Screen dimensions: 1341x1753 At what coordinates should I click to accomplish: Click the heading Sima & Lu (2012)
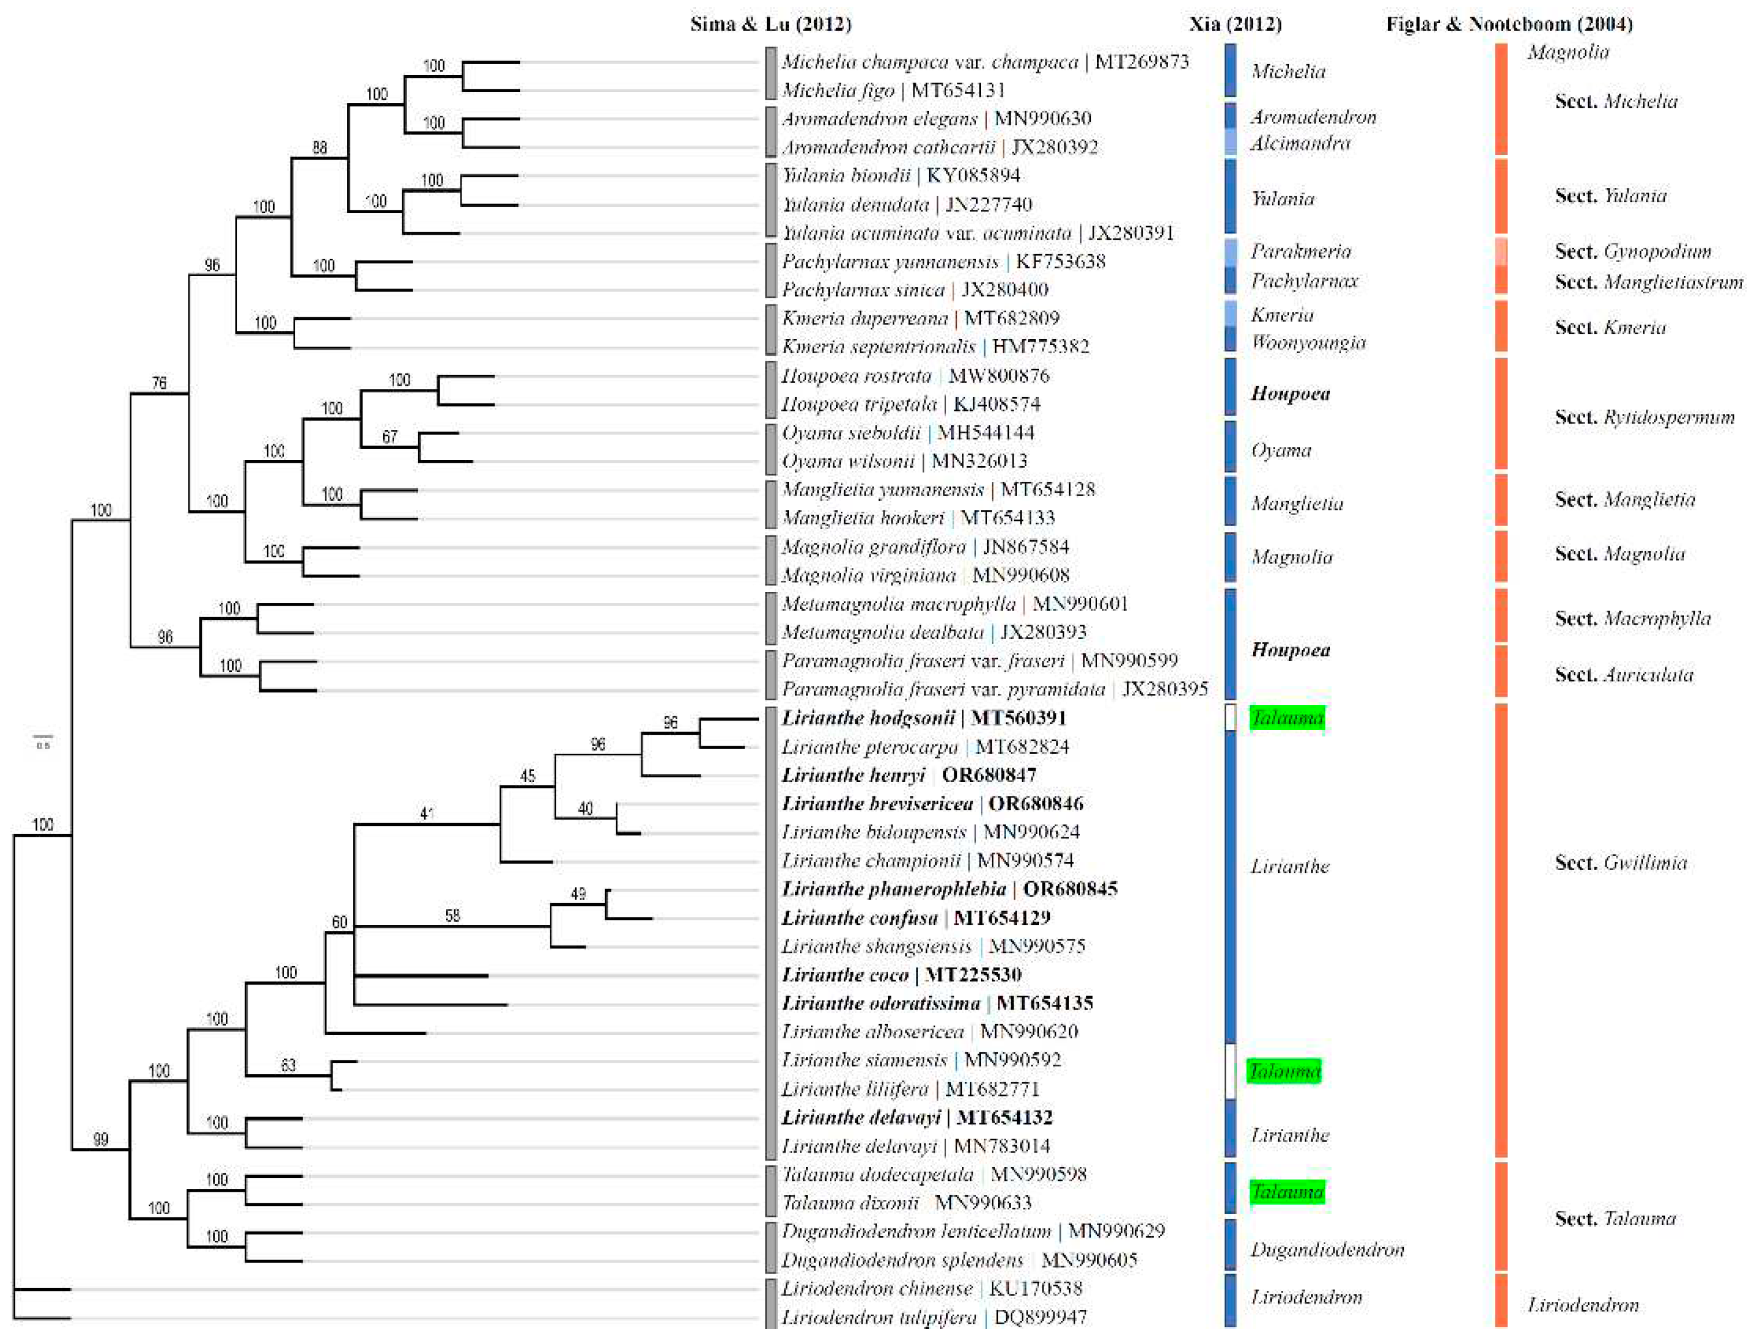pyautogui.click(x=770, y=24)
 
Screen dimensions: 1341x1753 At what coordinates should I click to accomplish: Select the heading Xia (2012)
pyautogui.click(x=1235, y=24)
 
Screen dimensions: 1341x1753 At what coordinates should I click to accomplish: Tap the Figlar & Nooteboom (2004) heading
pyautogui.click(x=1509, y=24)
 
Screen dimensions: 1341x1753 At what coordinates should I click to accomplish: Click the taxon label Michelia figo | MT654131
pyautogui.click(x=893, y=90)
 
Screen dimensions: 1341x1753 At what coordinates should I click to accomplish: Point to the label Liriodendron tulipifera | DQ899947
pyautogui.click(x=933, y=1317)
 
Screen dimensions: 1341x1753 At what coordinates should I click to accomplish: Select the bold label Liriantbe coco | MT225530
pyautogui.click(x=901, y=974)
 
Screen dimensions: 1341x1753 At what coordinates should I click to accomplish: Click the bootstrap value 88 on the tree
pyautogui.click(x=319, y=148)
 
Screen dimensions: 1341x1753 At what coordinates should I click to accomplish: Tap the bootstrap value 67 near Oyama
pyautogui.click(x=390, y=437)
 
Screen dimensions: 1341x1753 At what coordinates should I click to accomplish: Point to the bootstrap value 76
pyautogui.click(x=160, y=384)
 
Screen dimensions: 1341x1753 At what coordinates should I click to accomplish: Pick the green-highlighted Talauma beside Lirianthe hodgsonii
pyautogui.click(x=1287, y=717)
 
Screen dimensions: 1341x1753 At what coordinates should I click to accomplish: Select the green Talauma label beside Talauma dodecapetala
pyautogui.click(x=1287, y=1192)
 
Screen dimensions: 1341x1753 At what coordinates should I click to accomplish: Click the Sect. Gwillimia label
pyautogui.click(x=1620, y=863)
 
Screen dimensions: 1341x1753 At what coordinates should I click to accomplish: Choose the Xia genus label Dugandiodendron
pyautogui.click(x=1327, y=1250)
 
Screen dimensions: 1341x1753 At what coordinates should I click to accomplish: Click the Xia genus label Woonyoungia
pyautogui.click(x=1308, y=342)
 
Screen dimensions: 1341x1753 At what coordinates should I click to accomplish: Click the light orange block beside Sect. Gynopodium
pyautogui.click(x=1501, y=251)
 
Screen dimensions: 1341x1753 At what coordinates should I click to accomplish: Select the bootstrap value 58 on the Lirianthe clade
pyautogui.click(x=452, y=916)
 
